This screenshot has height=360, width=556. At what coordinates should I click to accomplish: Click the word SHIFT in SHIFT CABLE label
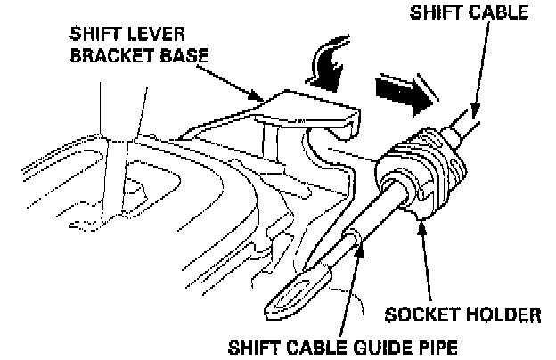[x=434, y=12]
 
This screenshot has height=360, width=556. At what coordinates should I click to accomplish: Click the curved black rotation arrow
[x=327, y=67]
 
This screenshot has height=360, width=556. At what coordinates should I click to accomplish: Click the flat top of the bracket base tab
[x=307, y=104]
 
